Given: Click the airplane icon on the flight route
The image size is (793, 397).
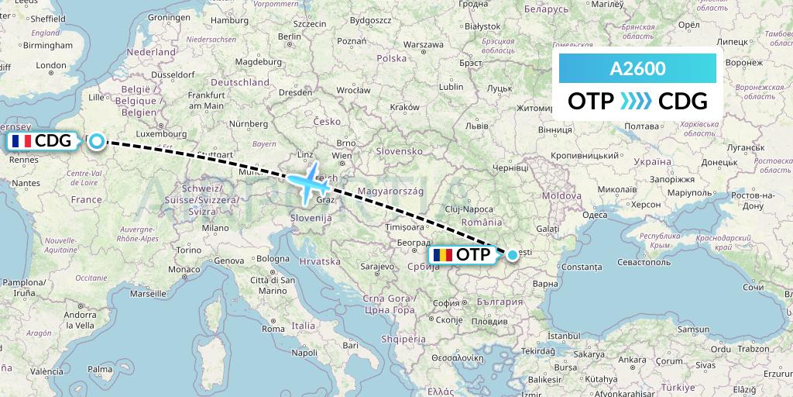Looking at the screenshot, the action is pos(309,184).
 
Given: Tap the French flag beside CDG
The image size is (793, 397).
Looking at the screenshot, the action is pos(21,141).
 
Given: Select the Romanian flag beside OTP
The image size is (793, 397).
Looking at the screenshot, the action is pos(442,254).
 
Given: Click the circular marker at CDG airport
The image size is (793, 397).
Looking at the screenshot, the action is pos(96,140).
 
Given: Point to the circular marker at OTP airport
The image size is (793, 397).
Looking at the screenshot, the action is pos(513,254).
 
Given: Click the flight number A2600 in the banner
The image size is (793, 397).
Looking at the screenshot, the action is pos(637,69).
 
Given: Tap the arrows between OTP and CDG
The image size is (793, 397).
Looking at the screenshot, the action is pos(637,102).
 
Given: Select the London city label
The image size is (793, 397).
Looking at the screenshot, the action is pos(51,66).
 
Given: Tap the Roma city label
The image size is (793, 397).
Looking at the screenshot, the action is pos(273,329).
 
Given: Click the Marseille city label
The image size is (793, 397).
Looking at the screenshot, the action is pos(149,294).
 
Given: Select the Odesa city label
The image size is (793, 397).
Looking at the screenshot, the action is pos(595,216).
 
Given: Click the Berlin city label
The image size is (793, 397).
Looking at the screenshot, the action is pos(290,36).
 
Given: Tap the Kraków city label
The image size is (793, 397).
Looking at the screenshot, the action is pos(405,108).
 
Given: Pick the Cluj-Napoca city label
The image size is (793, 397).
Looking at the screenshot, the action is pos(469,209).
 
